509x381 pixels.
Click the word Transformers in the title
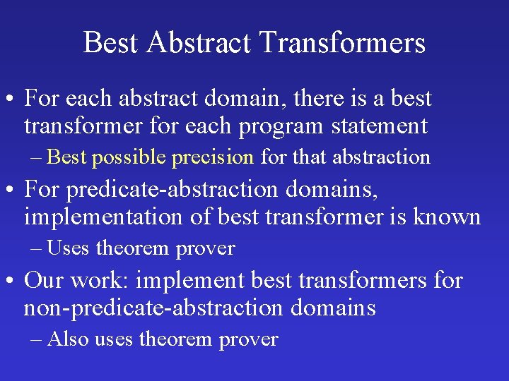[342, 42]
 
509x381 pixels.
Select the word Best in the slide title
[111, 42]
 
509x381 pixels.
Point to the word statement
[382, 126]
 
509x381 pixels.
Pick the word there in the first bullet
[314, 99]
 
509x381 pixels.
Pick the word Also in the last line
[69, 339]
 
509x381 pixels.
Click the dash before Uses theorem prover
[37, 248]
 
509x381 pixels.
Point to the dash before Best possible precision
[37, 157]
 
